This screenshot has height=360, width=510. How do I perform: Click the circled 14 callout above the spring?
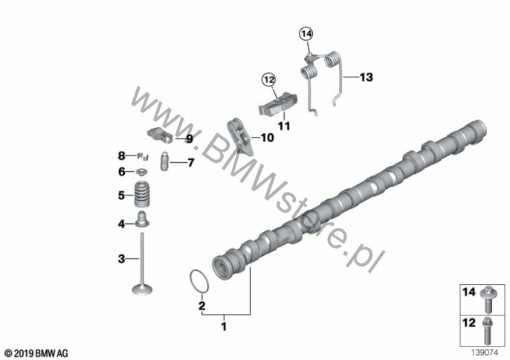tap(306, 33)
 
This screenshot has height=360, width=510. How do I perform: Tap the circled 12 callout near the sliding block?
tap(269, 79)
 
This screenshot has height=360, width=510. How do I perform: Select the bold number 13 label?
tap(367, 77)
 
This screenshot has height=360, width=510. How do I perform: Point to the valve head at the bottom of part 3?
tap(142, 289)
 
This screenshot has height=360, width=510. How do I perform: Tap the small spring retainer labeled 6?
tap(142, 171)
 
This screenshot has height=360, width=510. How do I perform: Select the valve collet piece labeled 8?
tap(142, 156)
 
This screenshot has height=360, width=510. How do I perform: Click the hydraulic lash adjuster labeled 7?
tap(165, 161)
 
